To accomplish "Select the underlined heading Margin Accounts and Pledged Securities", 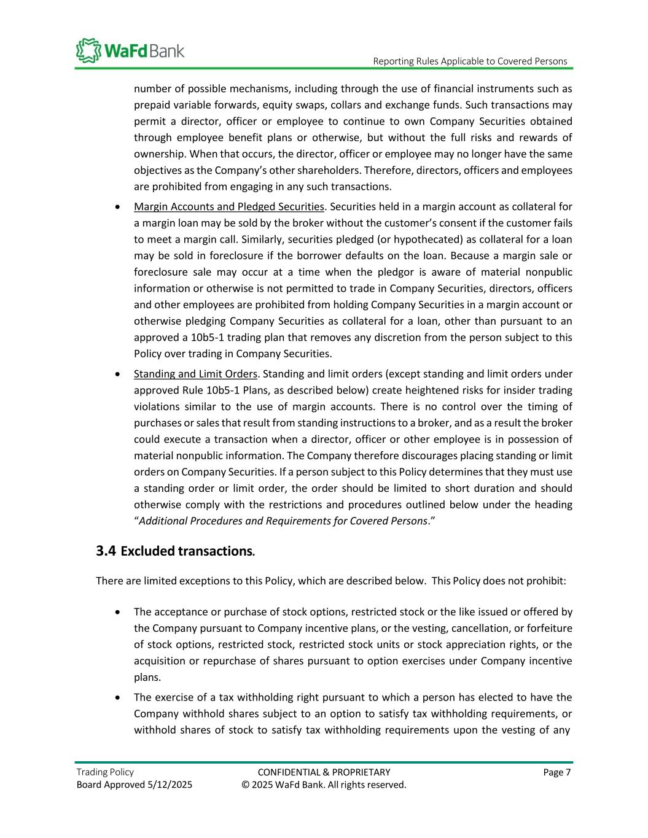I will tap(228, 206).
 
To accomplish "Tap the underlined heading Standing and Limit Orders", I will tap(195, 374).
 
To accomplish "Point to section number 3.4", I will tap(106, 551).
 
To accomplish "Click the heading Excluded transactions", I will tap(187, 551).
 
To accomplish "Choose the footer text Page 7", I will tap(557, 772).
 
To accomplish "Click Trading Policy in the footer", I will tap(105, 772).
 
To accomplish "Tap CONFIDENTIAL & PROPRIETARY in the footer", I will tap(324, 772).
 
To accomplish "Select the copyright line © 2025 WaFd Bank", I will tap(324, 785).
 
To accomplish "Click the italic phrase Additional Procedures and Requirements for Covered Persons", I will tap(283, 521).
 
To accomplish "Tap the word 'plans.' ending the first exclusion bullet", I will tap(147, 677).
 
